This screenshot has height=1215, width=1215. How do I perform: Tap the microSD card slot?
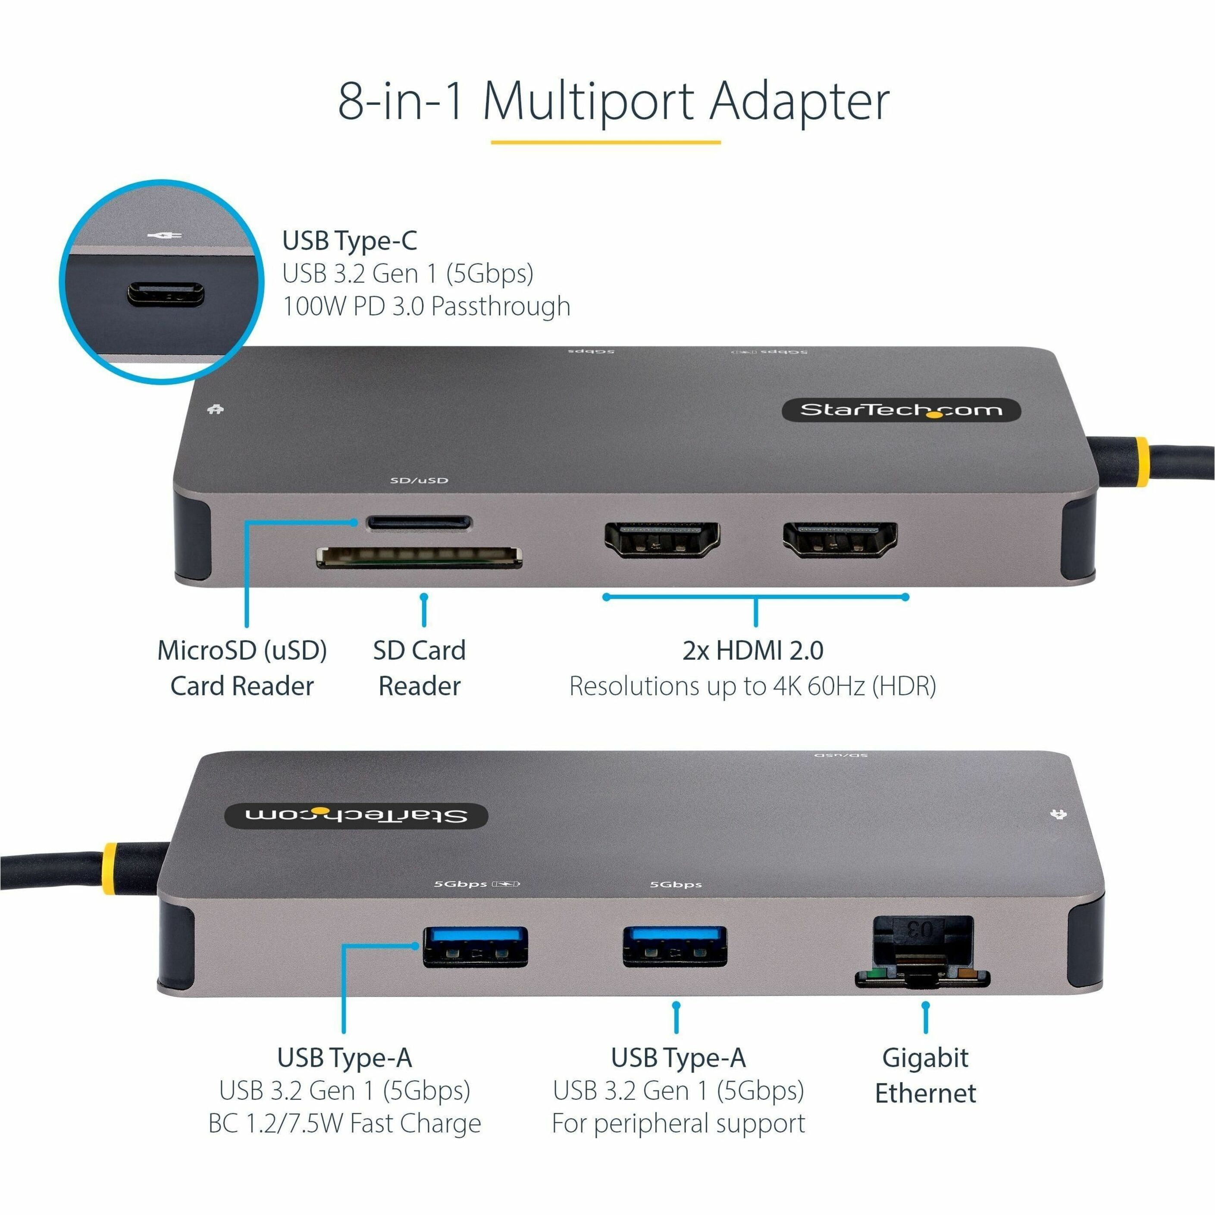coord(420,522)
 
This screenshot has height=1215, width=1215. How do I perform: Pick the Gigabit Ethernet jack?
coord(923,952)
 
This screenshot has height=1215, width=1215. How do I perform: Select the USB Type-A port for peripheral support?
coord(675,946)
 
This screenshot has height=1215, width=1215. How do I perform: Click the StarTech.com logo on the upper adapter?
coord(901,410)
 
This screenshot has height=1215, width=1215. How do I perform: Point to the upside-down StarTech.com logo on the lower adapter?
coord(357,816)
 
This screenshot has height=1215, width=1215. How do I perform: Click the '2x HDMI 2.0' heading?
coord(753,650)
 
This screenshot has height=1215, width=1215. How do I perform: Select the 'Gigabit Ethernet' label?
coord(925,1075)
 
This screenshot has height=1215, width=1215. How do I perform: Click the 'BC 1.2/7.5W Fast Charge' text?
coord(344,1123)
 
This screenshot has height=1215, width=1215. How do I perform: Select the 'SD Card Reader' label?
coord(420,668)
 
